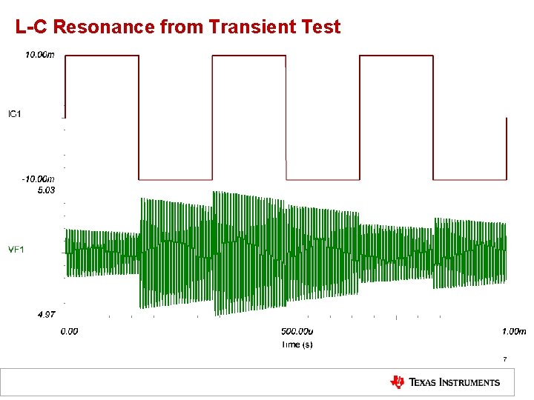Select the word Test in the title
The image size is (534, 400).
(x=318, y=28)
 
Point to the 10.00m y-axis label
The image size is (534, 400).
(x=39, y=55)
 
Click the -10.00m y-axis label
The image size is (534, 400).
(x=38, y=179)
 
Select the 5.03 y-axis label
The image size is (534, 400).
(x=46, y=190)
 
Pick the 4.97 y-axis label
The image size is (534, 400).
(x=46, y=315)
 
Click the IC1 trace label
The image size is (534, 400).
(x=16, y=113)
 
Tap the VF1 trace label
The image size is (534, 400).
(x=16, y=250)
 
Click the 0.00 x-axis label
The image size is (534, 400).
(x=69, y=332)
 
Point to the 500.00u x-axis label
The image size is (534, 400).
(x=296, y=332)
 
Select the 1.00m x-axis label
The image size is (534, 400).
(x=512, y=332)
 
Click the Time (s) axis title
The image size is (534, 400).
(x=297, y=344)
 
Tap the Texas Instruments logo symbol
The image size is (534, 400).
(x=398, y=382)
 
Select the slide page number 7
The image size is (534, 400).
(x=504, y=359)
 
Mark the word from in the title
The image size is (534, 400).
(x=182, y=28)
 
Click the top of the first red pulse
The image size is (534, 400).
(x=102, y=56)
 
